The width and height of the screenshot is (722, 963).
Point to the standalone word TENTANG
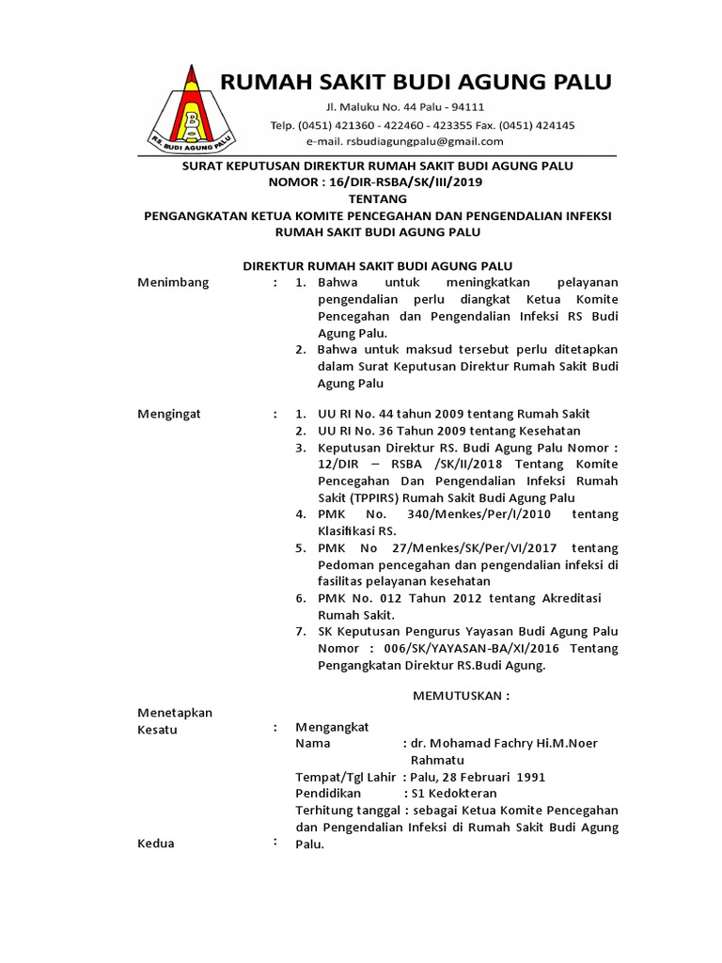pyautogui.click(x=377, y=198)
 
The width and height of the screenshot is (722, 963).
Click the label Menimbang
pyautogui.click(x=174, y=282)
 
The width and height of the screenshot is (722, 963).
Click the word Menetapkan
pyautogui.click(x=175, y=712)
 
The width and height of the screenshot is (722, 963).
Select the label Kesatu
pyautogui.click(x=158, y=729)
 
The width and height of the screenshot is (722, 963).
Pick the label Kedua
pyautogui.click(x=156, y=844)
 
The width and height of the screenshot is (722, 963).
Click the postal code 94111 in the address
pyautogui.click(x=466, y=106)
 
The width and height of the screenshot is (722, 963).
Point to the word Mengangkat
pyautogui.click(x=333, y=727)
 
